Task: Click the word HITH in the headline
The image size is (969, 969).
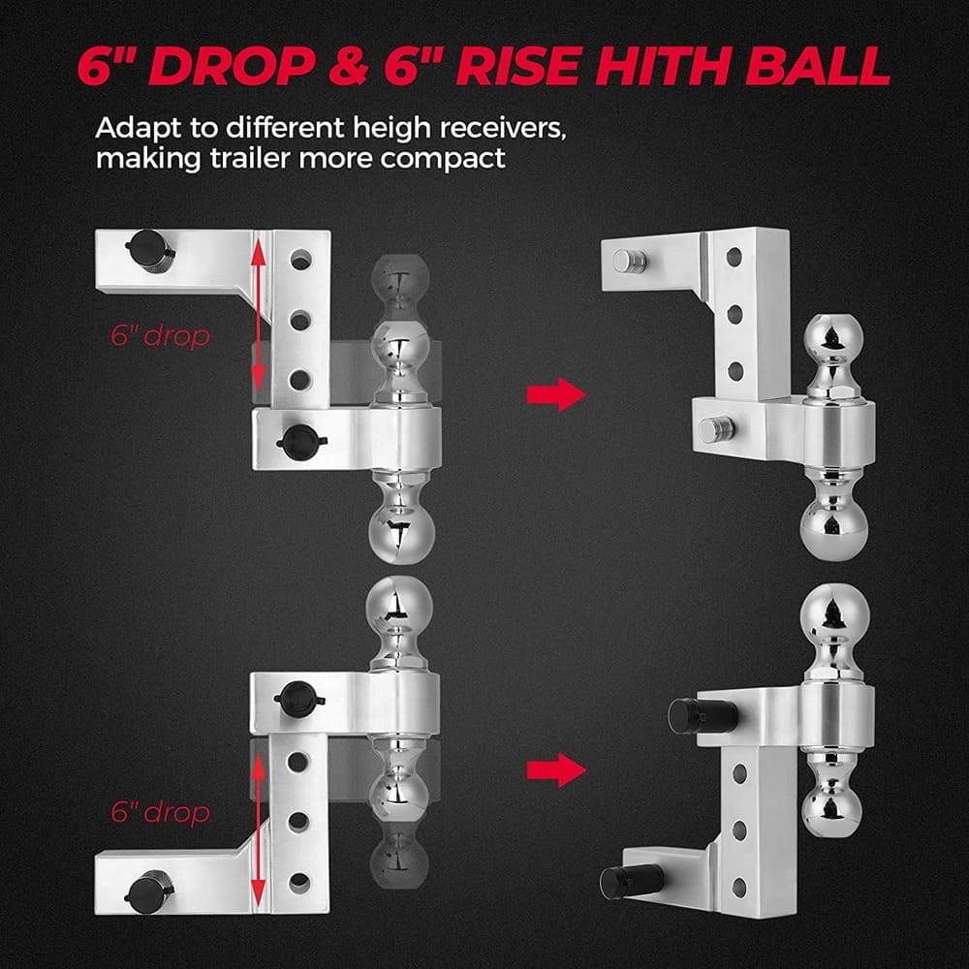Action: click(x=683, y=66)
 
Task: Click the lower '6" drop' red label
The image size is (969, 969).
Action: click(x=157, y=811)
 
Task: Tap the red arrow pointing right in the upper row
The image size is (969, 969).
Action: click(x=555, y=393)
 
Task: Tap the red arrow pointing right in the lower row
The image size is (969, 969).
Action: click(x=555, y=771)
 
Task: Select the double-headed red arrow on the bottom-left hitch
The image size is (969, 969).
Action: click(x=258, y=828)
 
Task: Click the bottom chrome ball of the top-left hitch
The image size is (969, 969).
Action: click(x=397, y=524)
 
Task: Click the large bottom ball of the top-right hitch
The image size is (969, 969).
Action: click(x=835, y=523)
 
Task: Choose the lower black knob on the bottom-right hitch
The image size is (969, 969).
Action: click(x=624, y=880)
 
